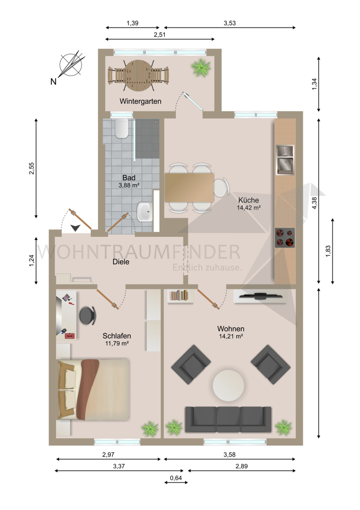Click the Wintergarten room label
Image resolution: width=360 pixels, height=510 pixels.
click(x=140, y=101)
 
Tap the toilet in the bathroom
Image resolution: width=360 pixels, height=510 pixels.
click(x=121, y=130)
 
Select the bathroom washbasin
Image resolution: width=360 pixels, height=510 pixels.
click(x=144, y=212)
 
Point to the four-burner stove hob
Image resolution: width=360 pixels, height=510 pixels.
click(x=285, y=237)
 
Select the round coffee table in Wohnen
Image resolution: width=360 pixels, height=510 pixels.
click(x=228, y=385)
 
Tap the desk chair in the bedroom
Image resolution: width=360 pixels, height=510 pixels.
click(x=90, y=315)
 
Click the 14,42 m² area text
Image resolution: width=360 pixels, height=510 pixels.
click(x=249, y=208)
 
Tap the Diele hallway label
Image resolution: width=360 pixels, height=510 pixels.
click(x=121, y=262)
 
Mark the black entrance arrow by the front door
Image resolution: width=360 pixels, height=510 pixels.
click(x=76, y=228)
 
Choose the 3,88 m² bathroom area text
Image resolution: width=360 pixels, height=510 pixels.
click(x=130, y=186)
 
